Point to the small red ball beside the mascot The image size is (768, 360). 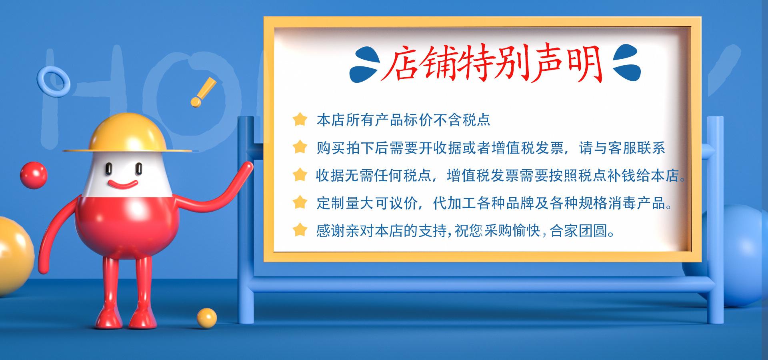pos(34,175)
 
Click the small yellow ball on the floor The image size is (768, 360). pos(207,318)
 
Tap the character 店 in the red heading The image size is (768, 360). pos(400,64)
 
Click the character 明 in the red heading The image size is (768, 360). pos(586,64)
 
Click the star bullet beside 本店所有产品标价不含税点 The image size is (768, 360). pos(300,119)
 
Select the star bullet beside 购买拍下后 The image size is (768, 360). pos(300,147)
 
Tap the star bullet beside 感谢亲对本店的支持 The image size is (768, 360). pos(300,230)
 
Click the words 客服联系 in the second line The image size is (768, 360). pos(636,148)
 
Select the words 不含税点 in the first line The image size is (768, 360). pos(462,120)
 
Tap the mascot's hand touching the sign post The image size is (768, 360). pos(246,168)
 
